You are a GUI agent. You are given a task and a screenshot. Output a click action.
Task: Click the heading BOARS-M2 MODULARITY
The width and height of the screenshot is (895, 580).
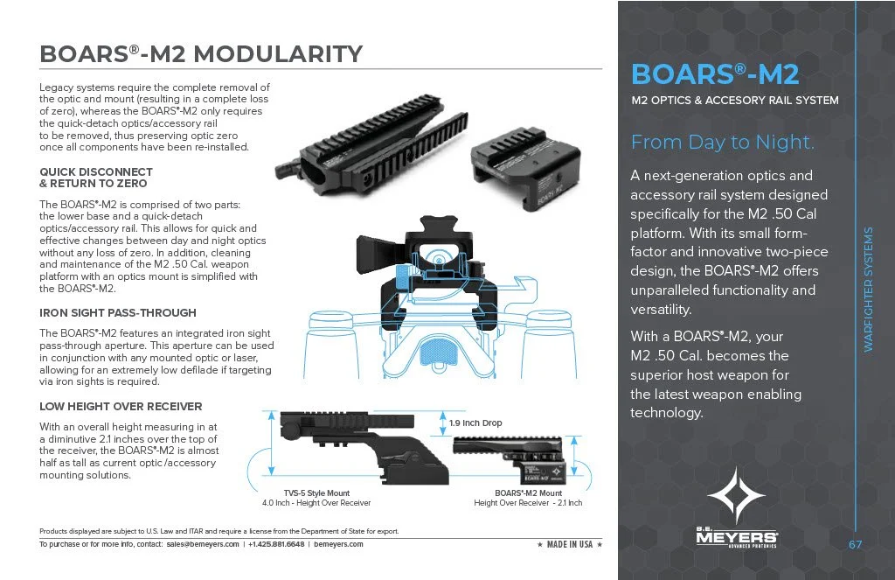pos(201,54)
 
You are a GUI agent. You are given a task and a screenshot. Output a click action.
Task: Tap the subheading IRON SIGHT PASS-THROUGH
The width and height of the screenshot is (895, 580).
pos(118,312)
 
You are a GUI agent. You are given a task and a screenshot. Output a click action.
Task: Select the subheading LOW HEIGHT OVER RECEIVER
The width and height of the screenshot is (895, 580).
pos(121,406)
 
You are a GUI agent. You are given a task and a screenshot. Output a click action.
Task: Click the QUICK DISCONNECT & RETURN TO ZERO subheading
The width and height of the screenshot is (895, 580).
pos(96,178)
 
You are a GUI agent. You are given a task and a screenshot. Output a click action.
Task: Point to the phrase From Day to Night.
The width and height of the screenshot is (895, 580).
pos(722,142)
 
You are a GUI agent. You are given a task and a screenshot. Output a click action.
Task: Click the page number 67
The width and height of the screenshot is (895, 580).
pos(856,545)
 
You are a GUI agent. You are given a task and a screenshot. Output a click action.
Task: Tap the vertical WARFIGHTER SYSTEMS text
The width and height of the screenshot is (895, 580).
pos(869,290)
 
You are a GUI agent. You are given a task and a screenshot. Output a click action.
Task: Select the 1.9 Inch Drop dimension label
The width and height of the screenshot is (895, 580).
pos(475,423)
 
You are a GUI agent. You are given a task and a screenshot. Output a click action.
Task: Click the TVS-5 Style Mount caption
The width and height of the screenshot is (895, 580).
pos(316,493)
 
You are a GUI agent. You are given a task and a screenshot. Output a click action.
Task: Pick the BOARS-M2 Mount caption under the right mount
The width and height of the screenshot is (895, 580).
pos(528,493)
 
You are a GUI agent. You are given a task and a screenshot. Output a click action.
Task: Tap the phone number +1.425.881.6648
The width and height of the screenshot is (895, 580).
pos(276,544)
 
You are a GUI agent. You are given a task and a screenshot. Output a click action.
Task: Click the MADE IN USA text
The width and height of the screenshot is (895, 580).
pos(569,544)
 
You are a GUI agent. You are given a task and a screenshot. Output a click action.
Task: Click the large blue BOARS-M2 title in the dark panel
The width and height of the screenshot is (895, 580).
pos(715,73)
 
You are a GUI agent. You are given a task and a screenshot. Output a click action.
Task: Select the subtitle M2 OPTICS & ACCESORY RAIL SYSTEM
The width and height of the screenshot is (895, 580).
pos(734,101)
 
